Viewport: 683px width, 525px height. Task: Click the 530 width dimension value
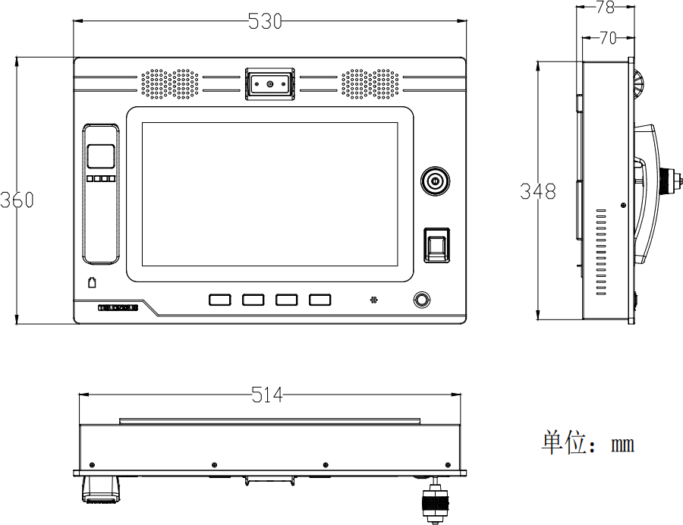pos(265,23)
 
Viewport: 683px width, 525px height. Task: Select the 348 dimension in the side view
pos(537,191)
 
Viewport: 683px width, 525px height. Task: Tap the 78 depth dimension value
pos(605,8)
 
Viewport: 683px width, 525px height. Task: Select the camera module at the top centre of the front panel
pos(269,83)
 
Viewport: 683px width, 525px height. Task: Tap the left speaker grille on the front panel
pos(169,84)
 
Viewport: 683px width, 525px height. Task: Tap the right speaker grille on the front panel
pos(370,84)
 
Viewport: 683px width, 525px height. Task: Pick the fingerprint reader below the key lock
pos(436,244)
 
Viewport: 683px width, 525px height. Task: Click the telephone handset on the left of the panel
pos(101,193)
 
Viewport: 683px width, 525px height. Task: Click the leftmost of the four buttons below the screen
pos(219,300)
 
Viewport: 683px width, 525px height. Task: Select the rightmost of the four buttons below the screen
pos(320,300)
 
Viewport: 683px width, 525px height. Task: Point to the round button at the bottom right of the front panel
pos(420,299)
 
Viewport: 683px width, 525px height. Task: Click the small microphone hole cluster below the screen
pos(373,300)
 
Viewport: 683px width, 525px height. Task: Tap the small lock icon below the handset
pos(92,282)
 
